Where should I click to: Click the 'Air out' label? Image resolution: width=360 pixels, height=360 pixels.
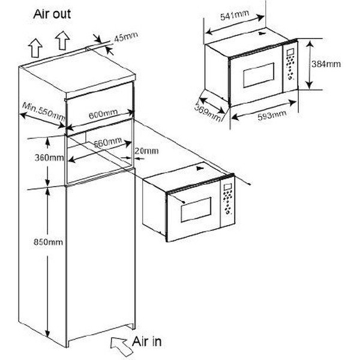coord(52,14)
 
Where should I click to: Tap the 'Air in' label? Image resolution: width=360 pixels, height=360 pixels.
coord(147,341)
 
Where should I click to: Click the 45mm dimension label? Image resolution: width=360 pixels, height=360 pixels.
coord(126,37)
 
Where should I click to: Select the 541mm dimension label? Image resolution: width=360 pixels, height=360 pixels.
coord(235,16)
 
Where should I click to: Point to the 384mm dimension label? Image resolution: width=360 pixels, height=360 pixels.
coord(326,64)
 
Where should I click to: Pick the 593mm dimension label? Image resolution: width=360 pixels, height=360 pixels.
coord(272,115)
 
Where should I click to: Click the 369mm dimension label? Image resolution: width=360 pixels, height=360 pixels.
coord(208,112)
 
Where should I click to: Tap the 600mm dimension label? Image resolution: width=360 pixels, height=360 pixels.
coord(103,114)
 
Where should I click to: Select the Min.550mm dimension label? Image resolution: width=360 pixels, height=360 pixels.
coord(44,112)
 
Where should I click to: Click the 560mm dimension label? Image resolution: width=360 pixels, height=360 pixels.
coord(108,142)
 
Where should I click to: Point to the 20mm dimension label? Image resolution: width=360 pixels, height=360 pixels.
coord(146,151)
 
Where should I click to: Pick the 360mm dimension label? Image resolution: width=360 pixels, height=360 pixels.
coord(49,157)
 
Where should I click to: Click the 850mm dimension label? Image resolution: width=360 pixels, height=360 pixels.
coord(48,242)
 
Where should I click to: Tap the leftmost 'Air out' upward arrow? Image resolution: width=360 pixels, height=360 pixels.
coord(35,48)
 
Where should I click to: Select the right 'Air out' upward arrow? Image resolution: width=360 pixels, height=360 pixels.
coord(62,40)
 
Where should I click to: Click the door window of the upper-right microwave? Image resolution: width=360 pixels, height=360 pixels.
coord(259,75)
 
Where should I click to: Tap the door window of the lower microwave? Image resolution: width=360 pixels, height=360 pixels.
coord(196,209)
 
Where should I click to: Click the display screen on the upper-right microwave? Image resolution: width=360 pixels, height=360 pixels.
coord(290,52)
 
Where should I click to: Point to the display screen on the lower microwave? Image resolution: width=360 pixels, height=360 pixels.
coord(227,187)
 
